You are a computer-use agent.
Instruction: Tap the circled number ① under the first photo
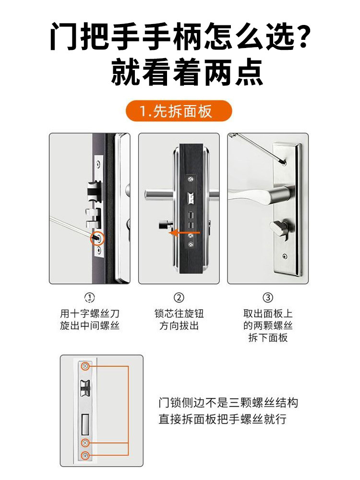tap(90, 298)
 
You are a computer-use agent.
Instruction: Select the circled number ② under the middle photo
tap(179, 298)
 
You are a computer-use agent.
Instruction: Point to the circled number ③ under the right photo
tap(268, 298)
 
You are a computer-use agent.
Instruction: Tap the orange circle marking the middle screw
tap(98, 238)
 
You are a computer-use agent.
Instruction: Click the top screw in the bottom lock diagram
tap(85, 367)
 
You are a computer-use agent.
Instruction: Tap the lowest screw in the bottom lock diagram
tap(85, 455)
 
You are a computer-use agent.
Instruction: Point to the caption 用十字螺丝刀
tap(90, 314)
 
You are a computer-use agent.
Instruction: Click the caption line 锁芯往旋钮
tap(179, 314)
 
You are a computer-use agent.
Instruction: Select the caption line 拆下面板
tap(268, 338)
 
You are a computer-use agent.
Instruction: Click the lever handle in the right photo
tap(259, 194)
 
